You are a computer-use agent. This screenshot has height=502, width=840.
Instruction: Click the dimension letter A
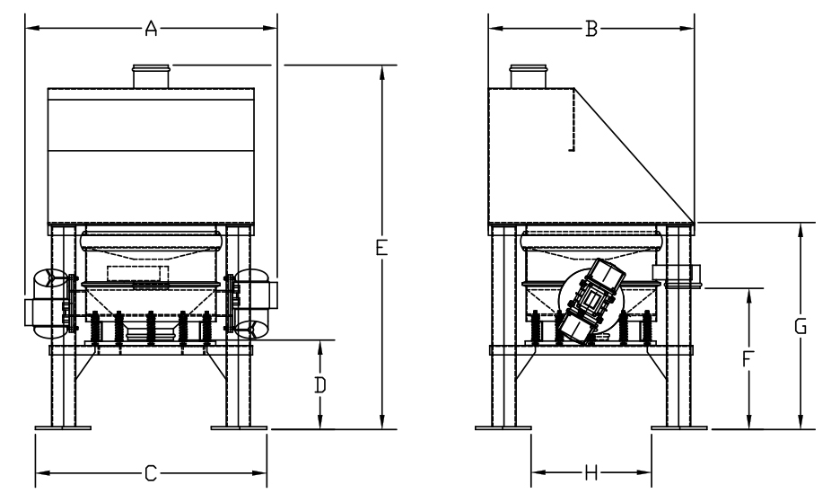coord(152,29)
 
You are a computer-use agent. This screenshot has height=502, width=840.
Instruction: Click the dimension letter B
coord(591,29)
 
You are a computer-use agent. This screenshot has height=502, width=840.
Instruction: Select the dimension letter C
coord(151,473)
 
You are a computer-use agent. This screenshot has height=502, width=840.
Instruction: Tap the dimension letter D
coord(319,385)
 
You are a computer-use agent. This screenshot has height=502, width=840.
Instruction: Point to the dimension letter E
coord(381,248)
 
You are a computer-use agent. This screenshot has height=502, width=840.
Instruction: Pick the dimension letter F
coord(748,359)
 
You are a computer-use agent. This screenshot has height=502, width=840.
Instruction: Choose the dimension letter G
coord(801,326)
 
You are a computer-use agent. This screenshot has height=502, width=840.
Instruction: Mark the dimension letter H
coord(591,472)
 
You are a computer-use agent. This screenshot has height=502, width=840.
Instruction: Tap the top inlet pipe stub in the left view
coord(152,76)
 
